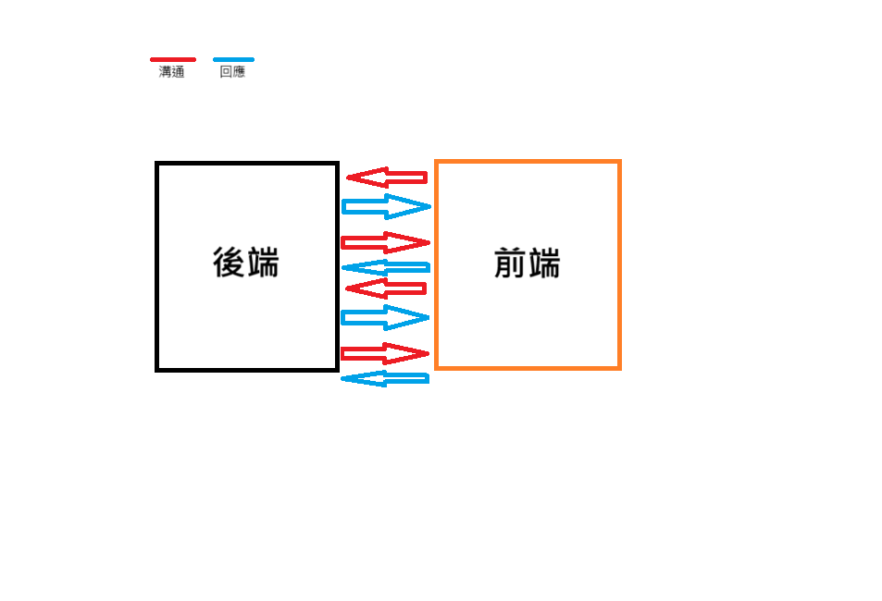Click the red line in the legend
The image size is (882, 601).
click(173, 59)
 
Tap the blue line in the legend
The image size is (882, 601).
click(233, 59)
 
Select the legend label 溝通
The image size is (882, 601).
click(172, 72)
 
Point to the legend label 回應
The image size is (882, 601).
click(232, 72)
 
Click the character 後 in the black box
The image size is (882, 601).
click(229, 263)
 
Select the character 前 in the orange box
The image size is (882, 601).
click(510, 264)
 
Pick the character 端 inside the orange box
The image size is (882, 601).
click(544, 264)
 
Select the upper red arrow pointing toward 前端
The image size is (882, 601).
click(385, 242)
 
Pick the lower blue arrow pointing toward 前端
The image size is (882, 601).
click(385, 317)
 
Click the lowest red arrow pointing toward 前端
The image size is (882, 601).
click(385, 353)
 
